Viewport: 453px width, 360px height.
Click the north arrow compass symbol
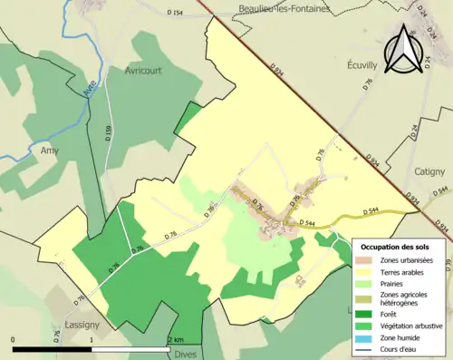point(404,49)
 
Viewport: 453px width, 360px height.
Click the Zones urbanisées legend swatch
point(366,260)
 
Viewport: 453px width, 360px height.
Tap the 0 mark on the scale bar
point(13,339)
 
